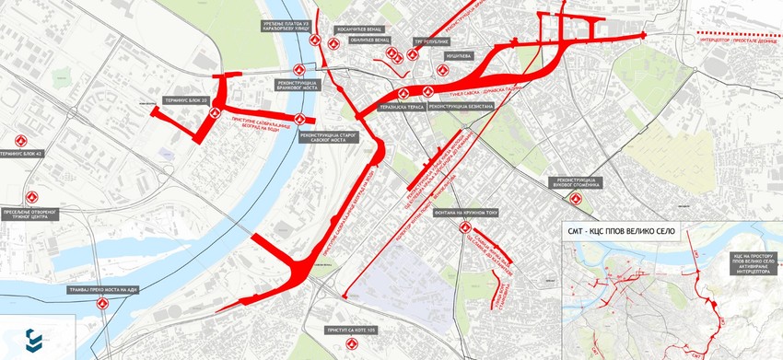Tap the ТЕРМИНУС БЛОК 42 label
[20, 154]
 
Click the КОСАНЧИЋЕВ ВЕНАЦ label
[358, 28]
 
